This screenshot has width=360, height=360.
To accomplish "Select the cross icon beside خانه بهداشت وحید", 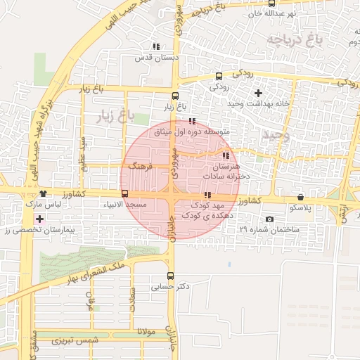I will (x=258, y=93).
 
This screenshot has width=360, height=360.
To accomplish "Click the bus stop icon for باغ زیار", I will (x=175, y=96).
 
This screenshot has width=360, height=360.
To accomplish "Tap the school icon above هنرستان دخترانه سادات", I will (x=226, y=156).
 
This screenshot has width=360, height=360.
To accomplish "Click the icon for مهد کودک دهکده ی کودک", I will (x=207, y=195).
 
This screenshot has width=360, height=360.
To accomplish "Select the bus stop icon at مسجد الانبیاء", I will (x=124, y=193).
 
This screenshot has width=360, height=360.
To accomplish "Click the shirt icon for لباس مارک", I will (x=43, y=193).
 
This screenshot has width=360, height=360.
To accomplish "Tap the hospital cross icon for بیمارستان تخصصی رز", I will (x=40, y=219).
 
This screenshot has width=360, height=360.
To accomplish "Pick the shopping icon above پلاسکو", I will (x=301, y=198).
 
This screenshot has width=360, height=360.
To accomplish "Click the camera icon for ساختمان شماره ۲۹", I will (x=269, y=219).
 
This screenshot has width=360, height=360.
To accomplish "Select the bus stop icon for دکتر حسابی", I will (x=170, y=276).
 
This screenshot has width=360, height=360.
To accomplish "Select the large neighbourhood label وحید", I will (x=274, y=134).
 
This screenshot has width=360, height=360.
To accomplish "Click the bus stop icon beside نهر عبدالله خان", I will (x=272, y=4).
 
